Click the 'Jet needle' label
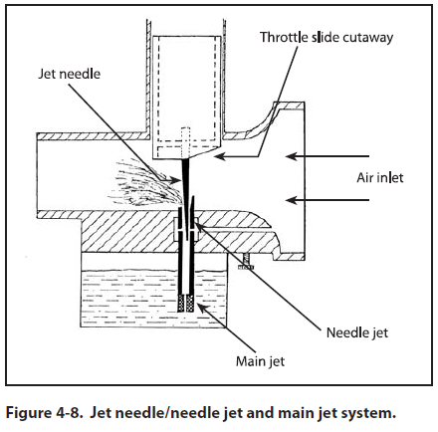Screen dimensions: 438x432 click(69, 74)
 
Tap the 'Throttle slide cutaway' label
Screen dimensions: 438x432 click(327, 37)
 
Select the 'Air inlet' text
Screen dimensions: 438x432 click(380, 178)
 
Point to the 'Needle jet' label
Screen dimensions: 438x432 click(357, 332)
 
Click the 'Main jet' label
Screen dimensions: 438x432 click(260, 361)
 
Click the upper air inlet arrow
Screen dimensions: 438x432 click(328, 156)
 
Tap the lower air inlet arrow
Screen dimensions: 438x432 click(328, 200)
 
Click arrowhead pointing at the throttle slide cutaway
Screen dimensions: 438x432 click(220, 156)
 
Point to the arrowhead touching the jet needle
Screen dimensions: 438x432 click(176, 180)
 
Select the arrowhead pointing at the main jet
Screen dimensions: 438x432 click(202, 309)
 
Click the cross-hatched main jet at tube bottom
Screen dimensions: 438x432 click(186, 304)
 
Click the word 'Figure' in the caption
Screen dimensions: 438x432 click(27, 413)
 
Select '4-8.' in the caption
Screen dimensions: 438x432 click(68, 413)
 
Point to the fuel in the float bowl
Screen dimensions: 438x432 click(132, 299)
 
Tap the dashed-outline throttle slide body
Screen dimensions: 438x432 click(186, 97)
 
